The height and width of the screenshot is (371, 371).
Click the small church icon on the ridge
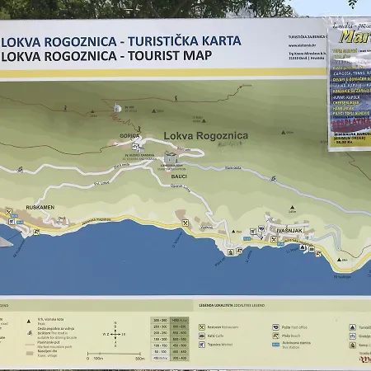[118, 108]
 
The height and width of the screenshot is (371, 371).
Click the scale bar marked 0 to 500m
[115, 357]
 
